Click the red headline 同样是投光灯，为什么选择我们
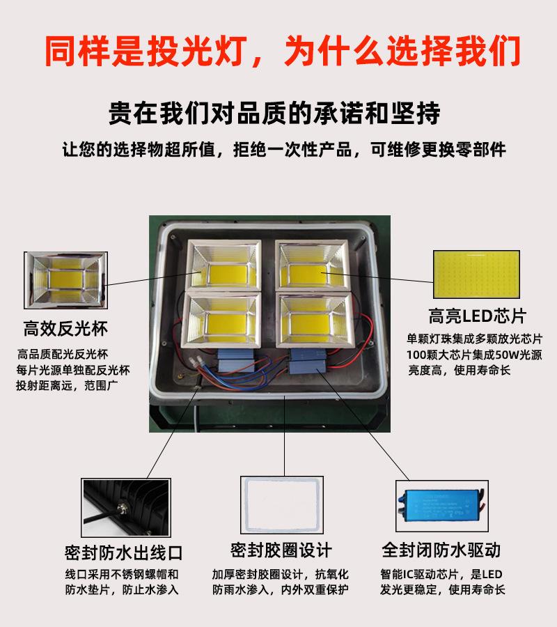coord(283,51)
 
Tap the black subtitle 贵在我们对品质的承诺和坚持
coord(274,113)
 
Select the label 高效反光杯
coord(65,329)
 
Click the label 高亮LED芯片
coord(477,316)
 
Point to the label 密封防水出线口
coord(123,553)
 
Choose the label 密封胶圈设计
coord(281,550)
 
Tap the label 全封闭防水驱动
coord(441,550)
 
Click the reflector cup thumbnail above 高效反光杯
coord(65,280)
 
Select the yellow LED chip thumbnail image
coord(476,274)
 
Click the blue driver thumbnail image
coord(442,506)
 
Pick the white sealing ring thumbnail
coord(282,504)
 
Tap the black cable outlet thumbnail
coord(126,507)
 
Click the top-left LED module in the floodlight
coord(224,265)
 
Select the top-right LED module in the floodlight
coord(312,265)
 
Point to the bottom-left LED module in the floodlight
coord(221,320)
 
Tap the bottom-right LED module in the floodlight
coord(315,320)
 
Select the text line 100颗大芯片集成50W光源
coord(474,355)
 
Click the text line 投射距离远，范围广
coord(67,385)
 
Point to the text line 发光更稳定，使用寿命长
coord(442,589)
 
